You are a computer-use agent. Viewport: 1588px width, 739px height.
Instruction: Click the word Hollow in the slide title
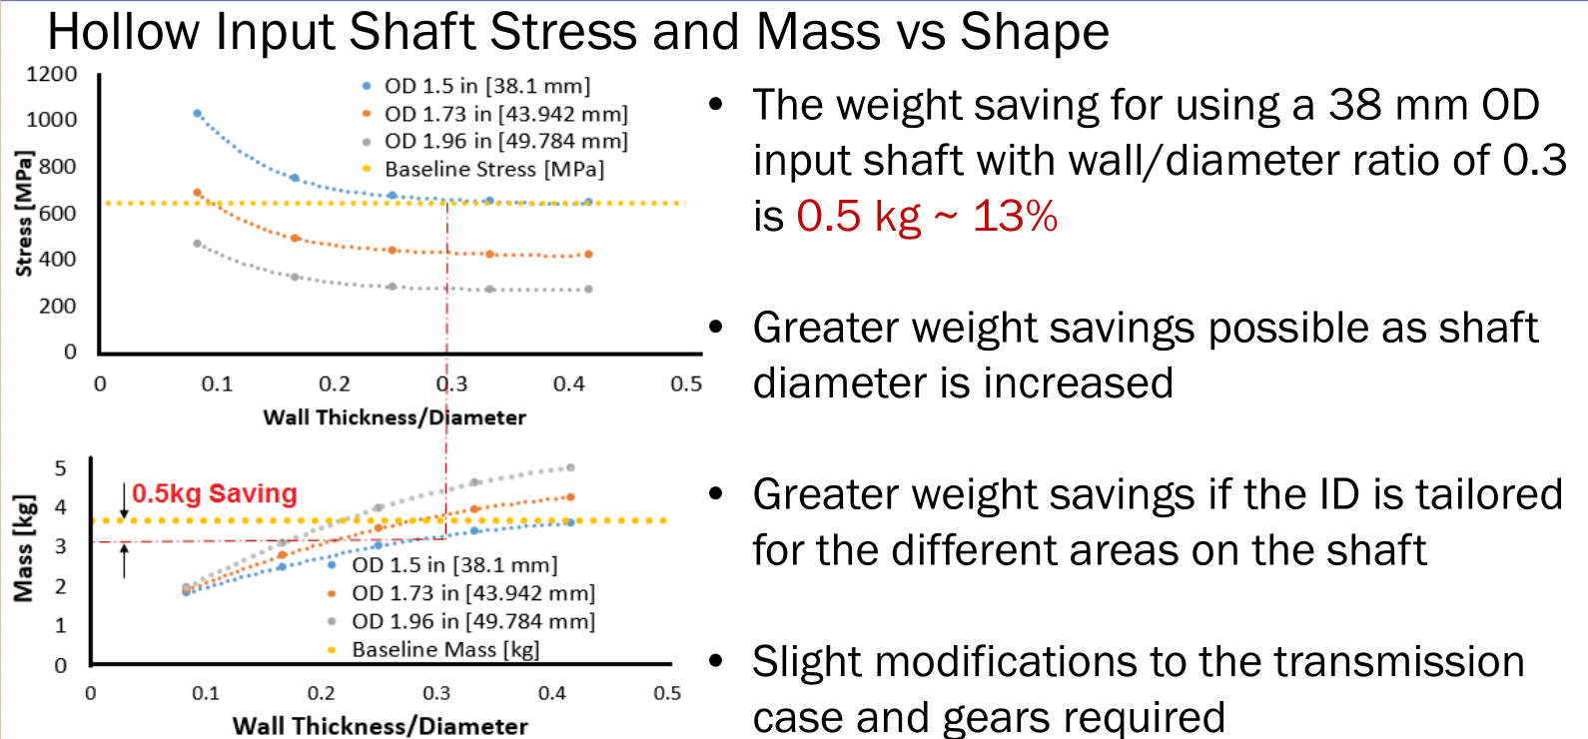click(124, 32)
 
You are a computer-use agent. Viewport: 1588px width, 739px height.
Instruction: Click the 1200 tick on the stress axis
click(52, 75)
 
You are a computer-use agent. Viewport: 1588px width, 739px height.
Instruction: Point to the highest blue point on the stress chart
click(198, 114)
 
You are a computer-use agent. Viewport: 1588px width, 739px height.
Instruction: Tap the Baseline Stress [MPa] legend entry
click(493, 170)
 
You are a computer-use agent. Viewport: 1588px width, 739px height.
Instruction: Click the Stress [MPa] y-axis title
click(24, 213)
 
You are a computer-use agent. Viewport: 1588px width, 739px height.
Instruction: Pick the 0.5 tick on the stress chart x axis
click(686, 384)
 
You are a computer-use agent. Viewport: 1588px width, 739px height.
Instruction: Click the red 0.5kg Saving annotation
click(215, 493)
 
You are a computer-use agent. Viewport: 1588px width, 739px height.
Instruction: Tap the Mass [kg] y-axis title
click(23, 548)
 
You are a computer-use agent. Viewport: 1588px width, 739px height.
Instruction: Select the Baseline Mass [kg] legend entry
click(444, 650)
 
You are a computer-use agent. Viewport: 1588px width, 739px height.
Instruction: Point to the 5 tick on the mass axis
click(61, 469)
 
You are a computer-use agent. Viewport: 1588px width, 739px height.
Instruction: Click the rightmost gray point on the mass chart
click(570, 467)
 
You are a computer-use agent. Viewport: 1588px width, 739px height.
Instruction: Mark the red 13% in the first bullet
click(1015, 217)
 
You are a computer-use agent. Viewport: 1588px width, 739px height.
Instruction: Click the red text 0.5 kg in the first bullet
click(858, 217)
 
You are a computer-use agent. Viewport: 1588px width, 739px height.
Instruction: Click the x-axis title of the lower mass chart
click(380, 726)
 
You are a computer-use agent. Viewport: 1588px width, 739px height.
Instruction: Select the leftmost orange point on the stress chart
click(198, 193)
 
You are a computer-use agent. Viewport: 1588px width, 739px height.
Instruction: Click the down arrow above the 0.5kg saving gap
click(124, 500)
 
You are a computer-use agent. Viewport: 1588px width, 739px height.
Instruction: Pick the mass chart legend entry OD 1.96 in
click(472, 622)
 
